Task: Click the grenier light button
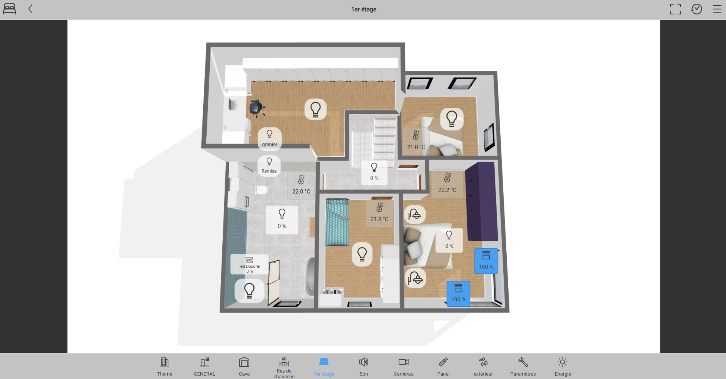tap(270, 138)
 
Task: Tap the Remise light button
tap(269, 166)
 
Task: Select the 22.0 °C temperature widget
tap(301, 185)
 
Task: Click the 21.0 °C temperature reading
tap(416, 147)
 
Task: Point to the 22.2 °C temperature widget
tap(447, 183)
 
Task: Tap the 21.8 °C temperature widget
tap(379, 213)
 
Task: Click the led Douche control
tap(249, 264)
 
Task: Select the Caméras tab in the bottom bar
tap(404, 367)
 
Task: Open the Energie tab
tap(563, 367)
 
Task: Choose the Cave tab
tap(244, 367)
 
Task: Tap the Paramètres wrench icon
tap(523, 362)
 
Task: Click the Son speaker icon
tap(363, 362)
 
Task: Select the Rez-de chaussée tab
tap(284, 368)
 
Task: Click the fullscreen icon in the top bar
tap(675, 9)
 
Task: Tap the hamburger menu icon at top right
tap(717, 9)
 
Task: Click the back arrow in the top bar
tap(31, 9)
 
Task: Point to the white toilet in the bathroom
tap(261, 189)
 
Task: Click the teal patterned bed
tap(337, 222)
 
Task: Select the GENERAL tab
tap(204, 367)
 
